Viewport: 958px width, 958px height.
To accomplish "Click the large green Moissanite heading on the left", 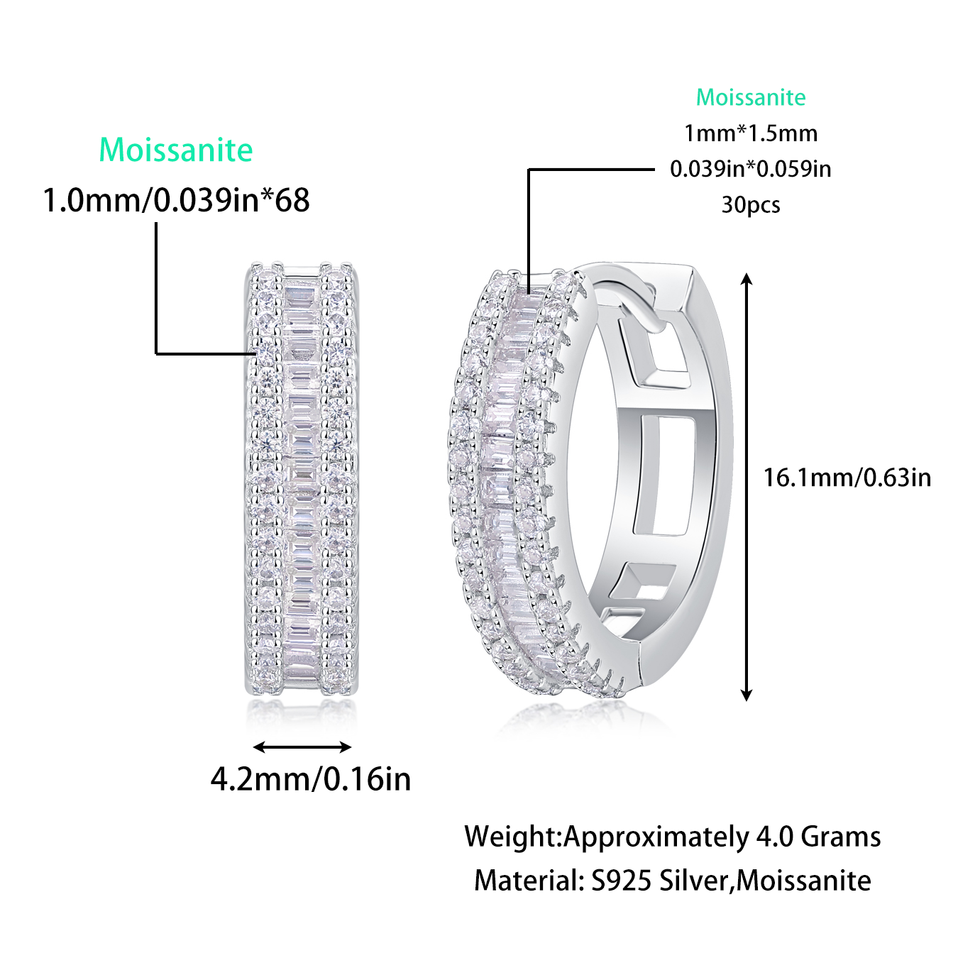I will coord(175,150).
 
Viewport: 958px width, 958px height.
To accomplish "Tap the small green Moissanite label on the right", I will coord(751,97).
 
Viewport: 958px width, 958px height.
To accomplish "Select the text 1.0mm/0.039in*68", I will coord(176,200).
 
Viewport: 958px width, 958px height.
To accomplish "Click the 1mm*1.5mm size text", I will coord(751,133).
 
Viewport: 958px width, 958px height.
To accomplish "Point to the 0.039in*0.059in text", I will coord(751,169).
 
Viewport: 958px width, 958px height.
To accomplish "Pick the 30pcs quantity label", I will coord(751,205).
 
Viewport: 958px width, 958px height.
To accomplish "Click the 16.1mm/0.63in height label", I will coord(847,478).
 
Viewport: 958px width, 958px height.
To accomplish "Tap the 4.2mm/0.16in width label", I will coord(311,779).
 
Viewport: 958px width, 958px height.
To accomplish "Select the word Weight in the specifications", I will coord(511,837).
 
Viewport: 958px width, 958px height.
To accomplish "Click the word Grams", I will coord(841,837).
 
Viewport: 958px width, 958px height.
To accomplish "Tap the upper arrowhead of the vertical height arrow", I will coord(746,279).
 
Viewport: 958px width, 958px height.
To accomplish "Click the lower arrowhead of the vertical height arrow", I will coord(746,695).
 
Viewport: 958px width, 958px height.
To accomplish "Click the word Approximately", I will coord(656,837).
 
